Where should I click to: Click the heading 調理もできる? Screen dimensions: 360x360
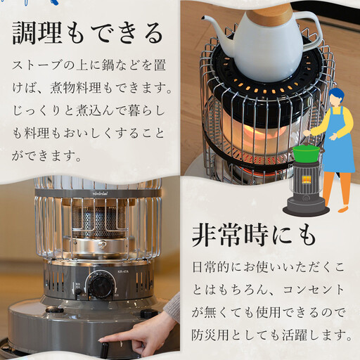(x=88, y=32)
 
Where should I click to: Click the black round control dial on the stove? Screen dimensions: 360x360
(x=101, y=286)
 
